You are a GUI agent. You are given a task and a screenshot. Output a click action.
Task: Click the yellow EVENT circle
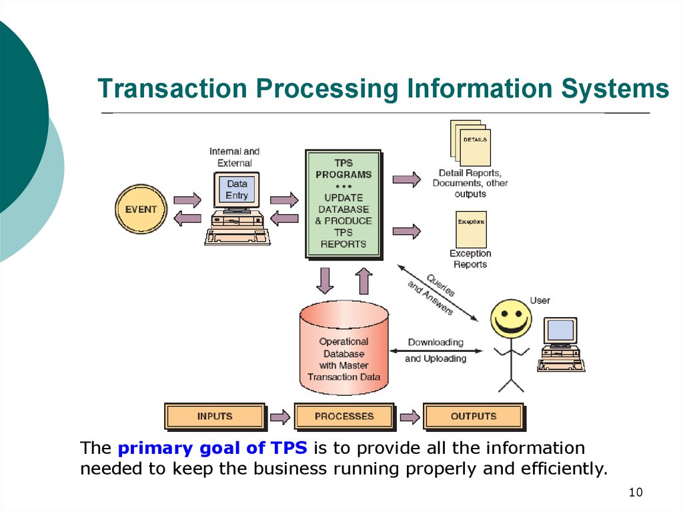(141, 209)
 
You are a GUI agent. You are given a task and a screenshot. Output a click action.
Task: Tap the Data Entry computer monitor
(237, 190)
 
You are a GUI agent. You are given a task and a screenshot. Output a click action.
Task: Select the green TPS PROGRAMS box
(344, 204)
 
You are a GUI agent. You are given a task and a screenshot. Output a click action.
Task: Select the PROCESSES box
(344, 417)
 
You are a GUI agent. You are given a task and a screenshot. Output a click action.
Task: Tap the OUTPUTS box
(474, 417)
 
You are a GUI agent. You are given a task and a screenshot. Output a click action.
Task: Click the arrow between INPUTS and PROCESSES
(279, 417)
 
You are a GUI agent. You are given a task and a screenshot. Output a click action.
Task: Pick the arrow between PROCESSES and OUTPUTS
(410, 417)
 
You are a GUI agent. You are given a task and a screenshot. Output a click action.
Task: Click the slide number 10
(635, 493)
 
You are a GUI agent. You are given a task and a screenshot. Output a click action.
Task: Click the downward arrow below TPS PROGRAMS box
(325, 280)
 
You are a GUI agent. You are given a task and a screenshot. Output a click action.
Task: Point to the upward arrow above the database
(364, 280)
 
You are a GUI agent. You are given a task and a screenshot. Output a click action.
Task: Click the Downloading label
(436, 342)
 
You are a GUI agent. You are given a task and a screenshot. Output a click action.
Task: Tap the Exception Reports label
(470, 259)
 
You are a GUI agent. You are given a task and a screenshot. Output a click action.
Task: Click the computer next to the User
(561, 342)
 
